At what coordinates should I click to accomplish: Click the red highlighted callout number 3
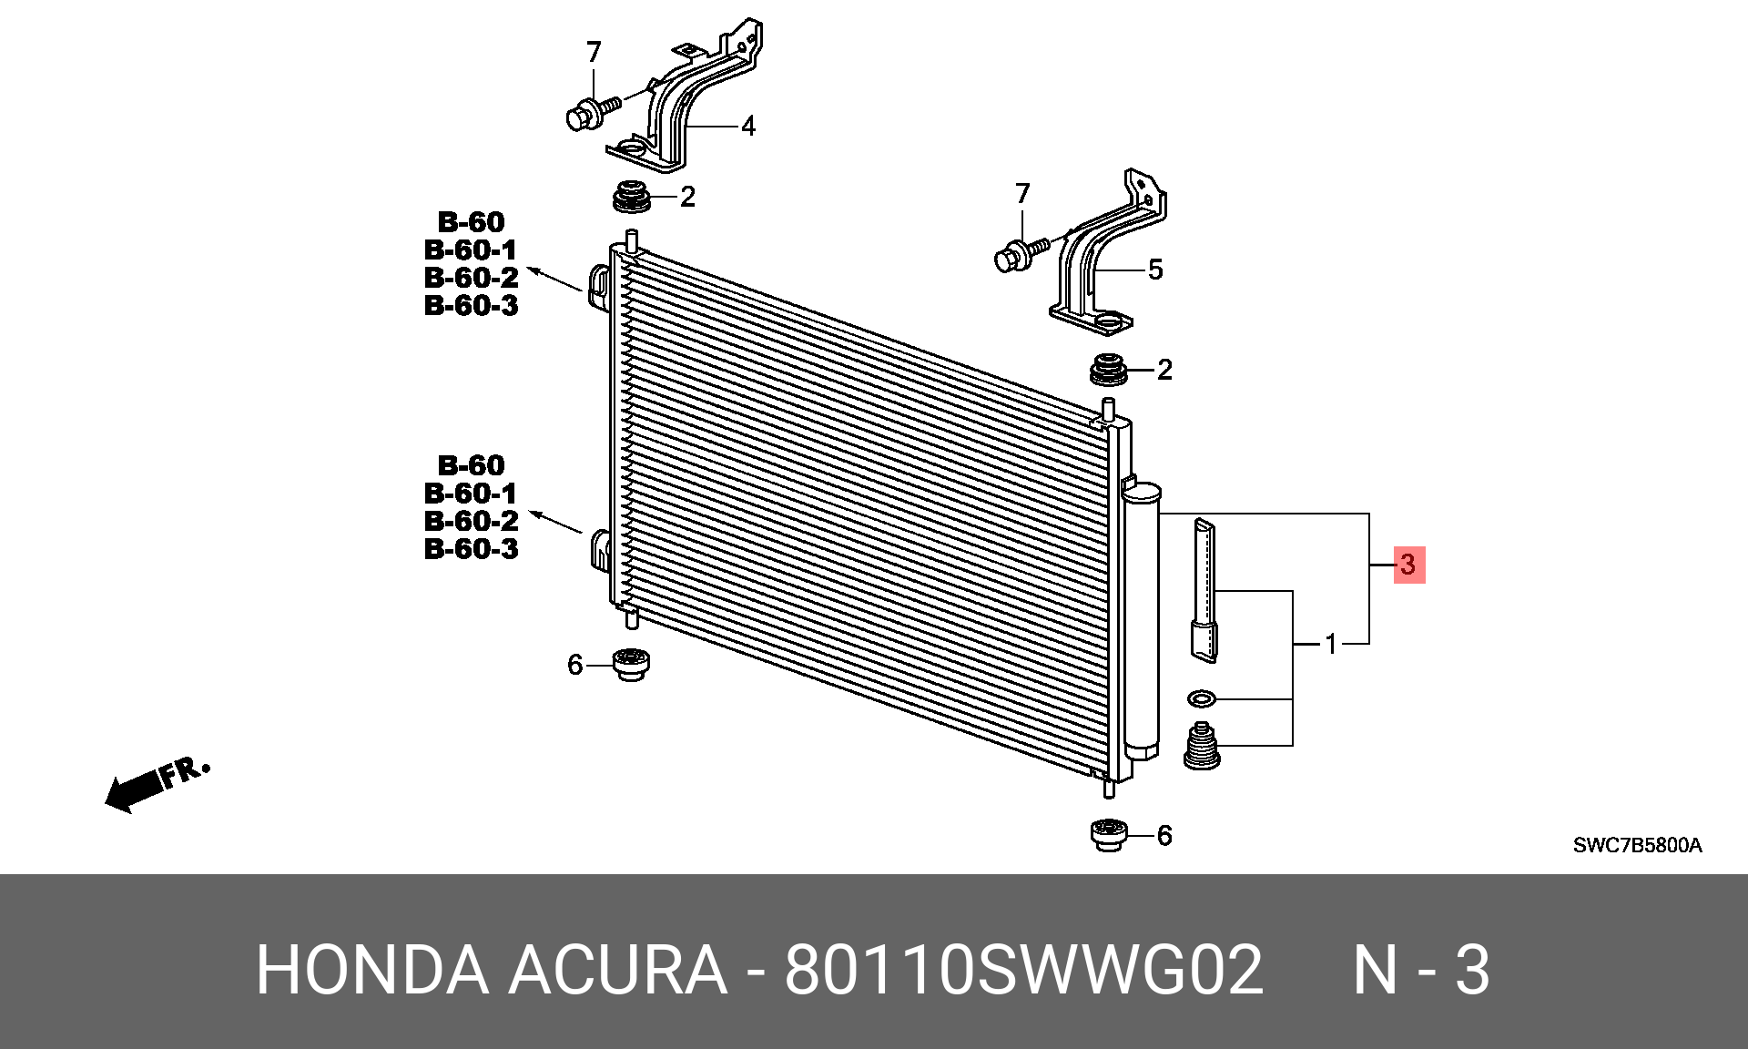click(1408, 565)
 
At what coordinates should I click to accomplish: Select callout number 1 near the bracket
click(1331, 645)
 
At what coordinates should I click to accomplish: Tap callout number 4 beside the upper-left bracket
click(748, 126)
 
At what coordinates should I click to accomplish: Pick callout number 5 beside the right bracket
click(1155, 270)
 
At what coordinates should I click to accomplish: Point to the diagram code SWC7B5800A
click(1637, 845)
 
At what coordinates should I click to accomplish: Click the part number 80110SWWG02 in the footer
click(1024, 970)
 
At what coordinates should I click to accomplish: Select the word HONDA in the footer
click(372, 970)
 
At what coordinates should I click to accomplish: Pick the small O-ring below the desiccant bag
click(1202, 699)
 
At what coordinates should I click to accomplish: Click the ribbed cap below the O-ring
click(1202, 747)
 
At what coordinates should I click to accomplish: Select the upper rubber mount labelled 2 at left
click(632, 198)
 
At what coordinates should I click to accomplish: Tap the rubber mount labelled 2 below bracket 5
click(1108, 369)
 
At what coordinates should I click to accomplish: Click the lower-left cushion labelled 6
click(631, 664)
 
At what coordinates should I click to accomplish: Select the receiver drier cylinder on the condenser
click(1143, 619)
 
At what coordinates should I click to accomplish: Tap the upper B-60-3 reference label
click(471, 305)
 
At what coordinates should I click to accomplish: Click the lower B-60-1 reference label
click(471, 494)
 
